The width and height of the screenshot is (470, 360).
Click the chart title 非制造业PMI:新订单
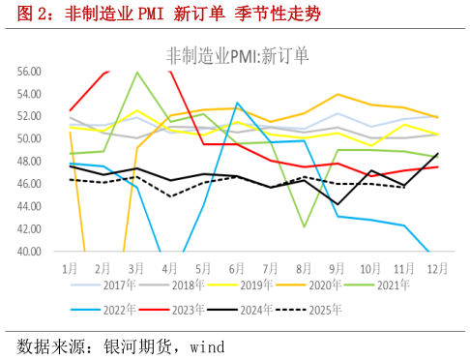tap(237, 55)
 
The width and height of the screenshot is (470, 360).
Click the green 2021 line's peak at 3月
tap(137, 73)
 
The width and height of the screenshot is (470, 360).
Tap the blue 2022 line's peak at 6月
tap(238, 103)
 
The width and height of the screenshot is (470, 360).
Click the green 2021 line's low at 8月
tap(305, 226)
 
